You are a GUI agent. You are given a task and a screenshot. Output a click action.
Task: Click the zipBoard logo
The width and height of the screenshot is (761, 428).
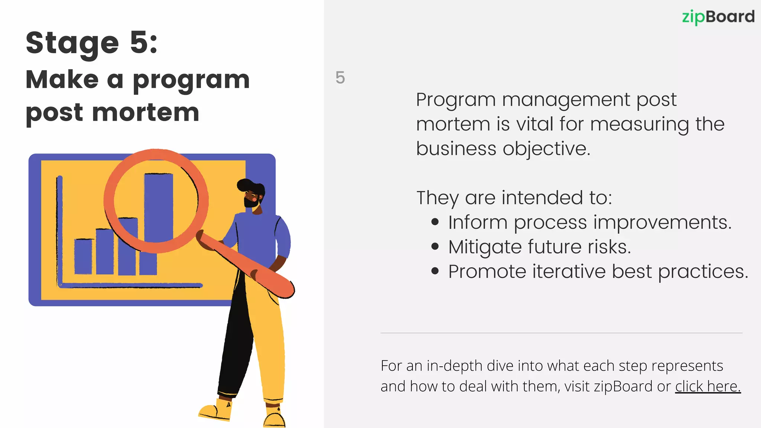(718, 17)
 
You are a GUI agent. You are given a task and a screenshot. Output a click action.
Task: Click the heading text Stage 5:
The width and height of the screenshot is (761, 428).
(91, 43)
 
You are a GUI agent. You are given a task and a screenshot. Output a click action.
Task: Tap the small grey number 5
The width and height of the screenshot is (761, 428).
(340, 78)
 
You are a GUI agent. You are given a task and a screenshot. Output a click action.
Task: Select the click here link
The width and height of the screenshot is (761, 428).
(707, 386)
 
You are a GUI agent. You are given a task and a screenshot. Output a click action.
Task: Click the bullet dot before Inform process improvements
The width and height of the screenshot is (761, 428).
(435, 222)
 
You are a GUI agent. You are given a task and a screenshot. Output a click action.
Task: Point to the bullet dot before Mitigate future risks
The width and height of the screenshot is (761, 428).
(435, 247)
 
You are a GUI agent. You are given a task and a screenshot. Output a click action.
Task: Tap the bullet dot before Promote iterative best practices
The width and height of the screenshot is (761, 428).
(435, 271)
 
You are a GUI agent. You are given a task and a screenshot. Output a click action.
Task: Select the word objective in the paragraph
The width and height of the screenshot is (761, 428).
(546, 149)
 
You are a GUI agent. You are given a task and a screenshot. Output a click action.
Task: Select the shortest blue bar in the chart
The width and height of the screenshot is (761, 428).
(83, 256)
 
